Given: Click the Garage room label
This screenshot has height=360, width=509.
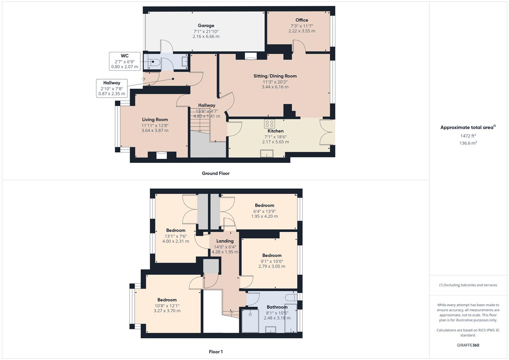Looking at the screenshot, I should click(206, 26).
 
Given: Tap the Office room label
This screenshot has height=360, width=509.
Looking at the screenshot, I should click(302, 20).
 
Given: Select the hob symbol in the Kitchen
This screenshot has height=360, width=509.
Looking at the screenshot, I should click(269, 124).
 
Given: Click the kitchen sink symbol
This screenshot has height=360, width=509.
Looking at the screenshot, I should click(267, 153).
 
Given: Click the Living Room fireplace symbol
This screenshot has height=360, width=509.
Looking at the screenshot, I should click(162, 155).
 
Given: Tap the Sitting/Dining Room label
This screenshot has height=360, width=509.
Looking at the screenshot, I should click(275, 76).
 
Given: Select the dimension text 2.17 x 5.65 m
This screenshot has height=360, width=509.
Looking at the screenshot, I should click(275, 142).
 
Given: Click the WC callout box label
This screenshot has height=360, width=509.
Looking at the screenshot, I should click(124, 56).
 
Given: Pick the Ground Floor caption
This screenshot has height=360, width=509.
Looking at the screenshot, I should click(216, 173).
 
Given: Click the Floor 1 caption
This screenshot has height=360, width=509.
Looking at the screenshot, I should click(216, 352).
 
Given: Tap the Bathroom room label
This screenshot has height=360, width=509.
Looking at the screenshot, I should click(277, 307).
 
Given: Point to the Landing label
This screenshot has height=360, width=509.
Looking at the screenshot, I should click(225, 241).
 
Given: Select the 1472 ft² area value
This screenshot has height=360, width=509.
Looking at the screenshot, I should click(468, 136).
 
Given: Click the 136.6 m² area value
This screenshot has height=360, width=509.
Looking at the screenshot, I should click(468, 143).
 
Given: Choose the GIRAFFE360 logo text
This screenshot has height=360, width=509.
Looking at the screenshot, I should click(468, 345).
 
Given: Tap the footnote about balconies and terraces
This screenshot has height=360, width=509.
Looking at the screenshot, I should click(468, 285).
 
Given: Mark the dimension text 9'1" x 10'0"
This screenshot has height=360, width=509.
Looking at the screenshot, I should click(272, 261).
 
